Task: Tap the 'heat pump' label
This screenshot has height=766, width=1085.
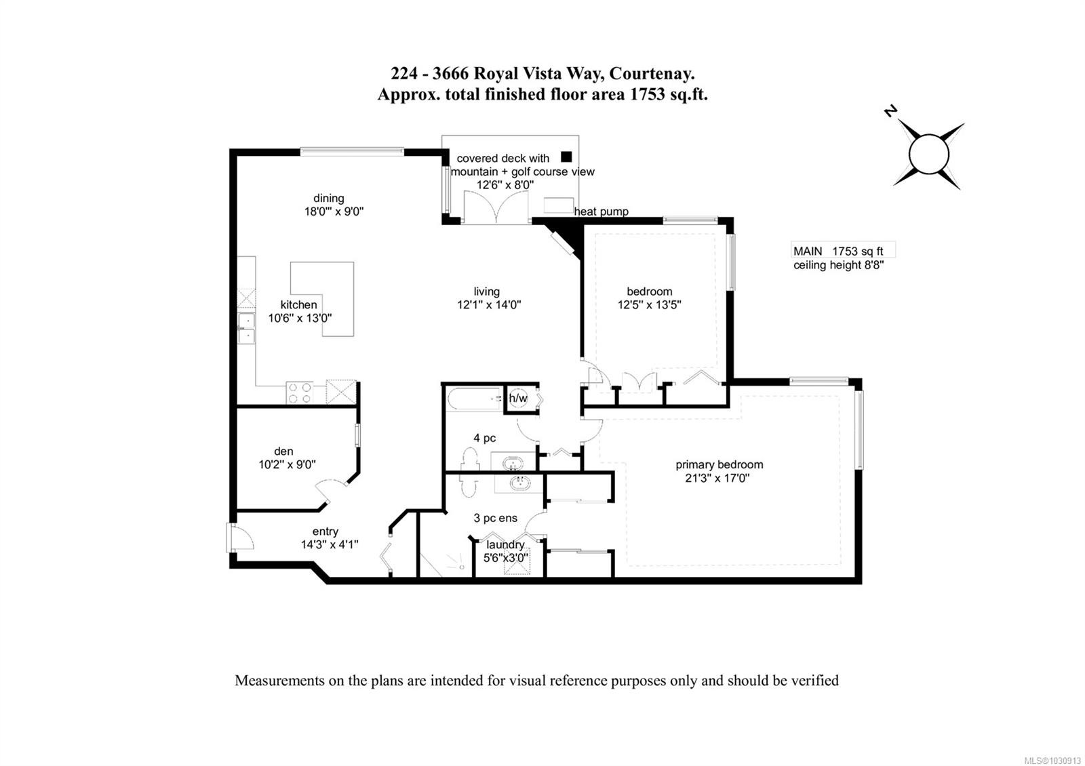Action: (x=601, y=211)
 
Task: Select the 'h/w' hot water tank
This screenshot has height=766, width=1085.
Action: (x=518, y=399)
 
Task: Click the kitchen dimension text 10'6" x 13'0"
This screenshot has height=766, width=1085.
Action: (x=300, y=318)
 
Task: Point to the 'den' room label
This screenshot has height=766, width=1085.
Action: (x=283, y=451)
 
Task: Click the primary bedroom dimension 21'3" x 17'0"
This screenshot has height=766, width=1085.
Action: (x=717, y=479)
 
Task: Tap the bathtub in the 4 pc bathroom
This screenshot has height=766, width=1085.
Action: (x=474, y=399)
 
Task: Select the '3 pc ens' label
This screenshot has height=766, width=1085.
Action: (x=496, y=518)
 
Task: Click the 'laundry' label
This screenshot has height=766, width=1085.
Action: (x=505, y=545)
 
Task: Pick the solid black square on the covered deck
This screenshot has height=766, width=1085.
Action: (x=566, y=157)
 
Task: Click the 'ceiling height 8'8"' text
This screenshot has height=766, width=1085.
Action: (x=838, y=265)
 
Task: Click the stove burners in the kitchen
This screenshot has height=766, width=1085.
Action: (x=299, y=392)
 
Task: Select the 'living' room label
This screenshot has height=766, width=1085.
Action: (x=486, y=291)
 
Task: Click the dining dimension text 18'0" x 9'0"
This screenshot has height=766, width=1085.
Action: (x=334, y=211)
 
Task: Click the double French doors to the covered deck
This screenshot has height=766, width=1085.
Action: (x=496, y=207)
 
